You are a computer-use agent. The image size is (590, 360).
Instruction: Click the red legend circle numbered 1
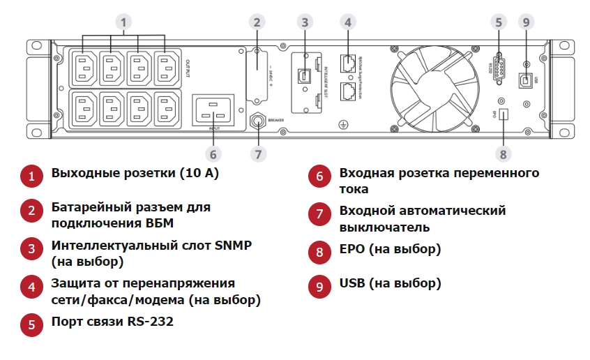(31, 176)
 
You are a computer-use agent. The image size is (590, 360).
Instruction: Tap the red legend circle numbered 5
(31, 324)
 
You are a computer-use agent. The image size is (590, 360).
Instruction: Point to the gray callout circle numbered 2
(256, 22)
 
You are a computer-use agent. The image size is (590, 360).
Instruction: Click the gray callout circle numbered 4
(347, 22)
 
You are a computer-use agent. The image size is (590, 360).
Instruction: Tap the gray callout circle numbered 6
(213, 152)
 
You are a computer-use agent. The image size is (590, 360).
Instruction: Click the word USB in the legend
(353, 283)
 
